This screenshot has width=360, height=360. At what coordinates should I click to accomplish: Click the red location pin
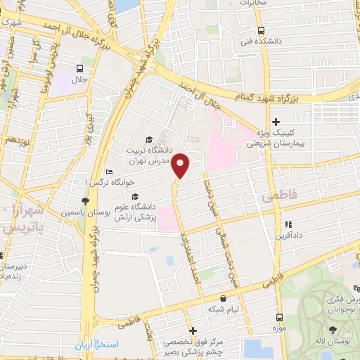click(181, 165)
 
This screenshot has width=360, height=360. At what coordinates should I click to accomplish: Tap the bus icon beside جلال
click(79, 69)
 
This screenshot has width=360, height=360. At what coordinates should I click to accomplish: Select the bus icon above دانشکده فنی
click(261, 31)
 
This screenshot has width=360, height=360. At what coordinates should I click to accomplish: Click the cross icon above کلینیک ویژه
click(276, 122)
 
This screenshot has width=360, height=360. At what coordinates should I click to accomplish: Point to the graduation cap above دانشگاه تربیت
click(148, 139)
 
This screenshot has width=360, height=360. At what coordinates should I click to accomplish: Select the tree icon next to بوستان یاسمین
click(85, 201)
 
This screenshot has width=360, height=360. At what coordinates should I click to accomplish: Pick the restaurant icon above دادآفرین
click(287, 225)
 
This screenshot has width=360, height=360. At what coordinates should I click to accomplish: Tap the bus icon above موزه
click(279, 317)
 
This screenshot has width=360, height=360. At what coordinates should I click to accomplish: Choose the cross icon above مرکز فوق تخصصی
click(193, 330)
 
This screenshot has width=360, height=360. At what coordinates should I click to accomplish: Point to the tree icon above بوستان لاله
click(330, 330)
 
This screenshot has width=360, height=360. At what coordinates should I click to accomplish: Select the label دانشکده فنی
click(261, 42)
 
